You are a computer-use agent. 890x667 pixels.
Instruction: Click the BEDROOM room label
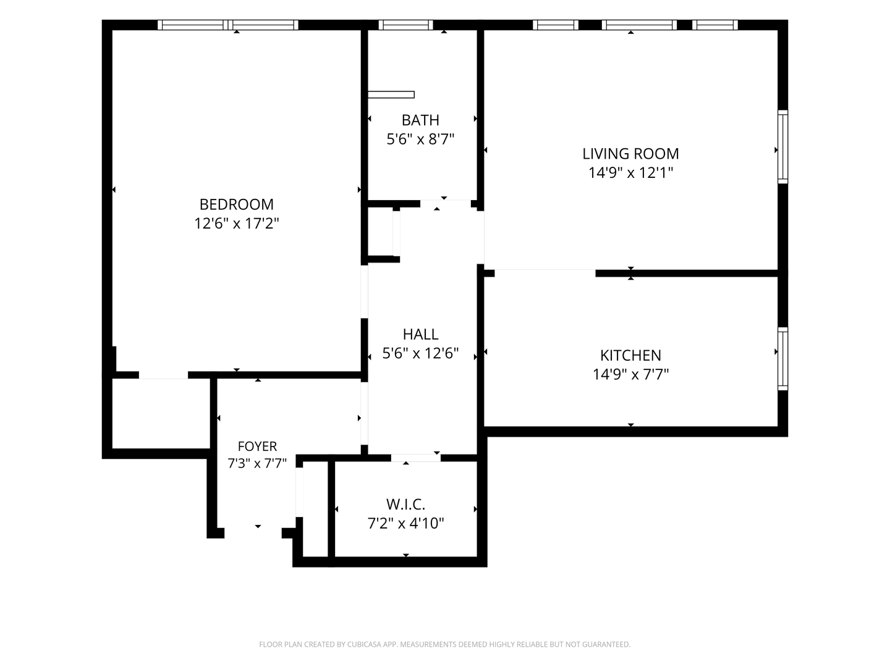pos(236,204)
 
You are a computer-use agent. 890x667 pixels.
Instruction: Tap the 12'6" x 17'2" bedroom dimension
pos(236,223)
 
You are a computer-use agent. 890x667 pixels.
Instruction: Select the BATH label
pos(420,120)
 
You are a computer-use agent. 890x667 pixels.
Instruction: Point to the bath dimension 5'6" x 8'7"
pos(420,139)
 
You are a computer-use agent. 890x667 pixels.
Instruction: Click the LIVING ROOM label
pos(630,154)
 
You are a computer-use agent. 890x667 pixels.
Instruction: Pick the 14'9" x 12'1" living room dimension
pos(630,172)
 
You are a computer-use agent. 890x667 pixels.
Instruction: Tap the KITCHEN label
pos(630,355)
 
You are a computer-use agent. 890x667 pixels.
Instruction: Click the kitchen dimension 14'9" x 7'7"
pos(630,374)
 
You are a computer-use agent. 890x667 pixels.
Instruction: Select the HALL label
pos(420,334)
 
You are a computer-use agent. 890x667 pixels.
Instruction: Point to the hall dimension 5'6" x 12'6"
pos(420,353)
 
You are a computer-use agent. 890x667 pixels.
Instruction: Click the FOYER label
pos(258,447)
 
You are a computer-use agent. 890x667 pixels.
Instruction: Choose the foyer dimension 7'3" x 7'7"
pos(258,463)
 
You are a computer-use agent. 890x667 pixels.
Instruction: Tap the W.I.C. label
pos(405,505)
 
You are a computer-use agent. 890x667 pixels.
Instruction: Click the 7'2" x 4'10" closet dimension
pos(405,523)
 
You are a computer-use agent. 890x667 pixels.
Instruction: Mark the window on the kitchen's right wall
pos(782,359)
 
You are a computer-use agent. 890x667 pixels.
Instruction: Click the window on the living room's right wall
pos(782,146)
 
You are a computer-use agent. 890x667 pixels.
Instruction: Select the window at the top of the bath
pos(405,25)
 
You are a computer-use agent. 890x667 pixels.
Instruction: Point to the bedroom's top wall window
pos(228,25)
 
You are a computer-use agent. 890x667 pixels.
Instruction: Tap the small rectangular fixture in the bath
pos(391,94)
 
